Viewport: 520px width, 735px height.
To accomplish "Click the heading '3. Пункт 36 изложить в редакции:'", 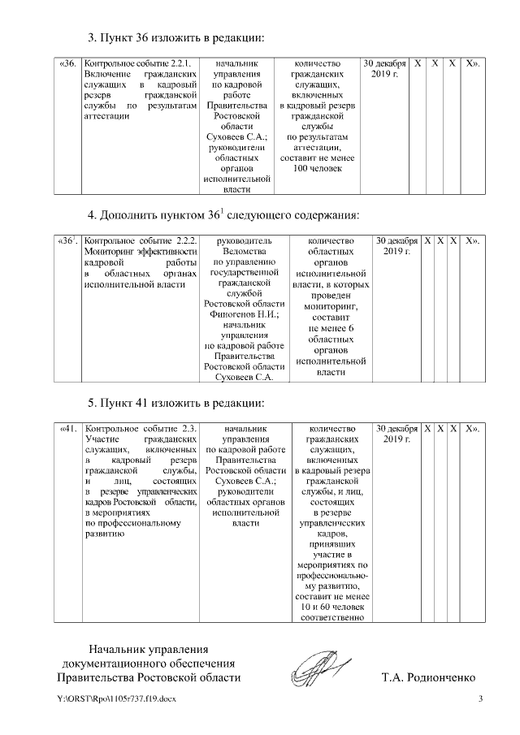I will [x=188, y=38].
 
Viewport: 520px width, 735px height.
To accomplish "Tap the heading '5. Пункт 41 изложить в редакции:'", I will [x=188, y=403].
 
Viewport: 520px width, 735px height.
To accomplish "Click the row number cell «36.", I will [x=69, y=63].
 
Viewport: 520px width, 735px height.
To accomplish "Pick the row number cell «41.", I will [x=69, y=429].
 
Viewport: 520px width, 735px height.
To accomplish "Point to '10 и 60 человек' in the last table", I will [x=332, y=607].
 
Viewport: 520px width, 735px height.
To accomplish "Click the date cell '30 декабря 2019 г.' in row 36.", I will [x=383, y=68].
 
